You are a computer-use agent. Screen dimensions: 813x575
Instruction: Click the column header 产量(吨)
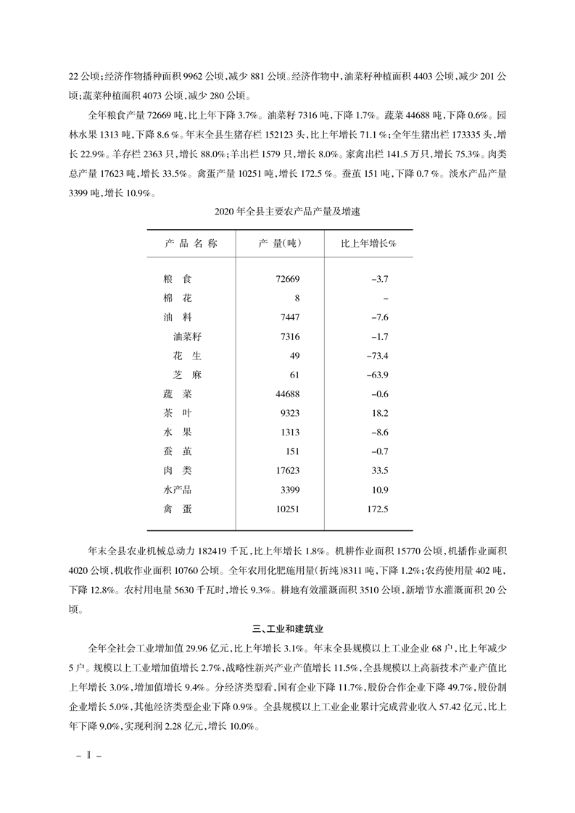coord(280,243)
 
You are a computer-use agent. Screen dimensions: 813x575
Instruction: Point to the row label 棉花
coord(178,298)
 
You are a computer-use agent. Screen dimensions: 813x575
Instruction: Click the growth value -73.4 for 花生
coord(377,356)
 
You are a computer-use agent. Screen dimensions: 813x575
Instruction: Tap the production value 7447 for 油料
coord(289,317)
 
